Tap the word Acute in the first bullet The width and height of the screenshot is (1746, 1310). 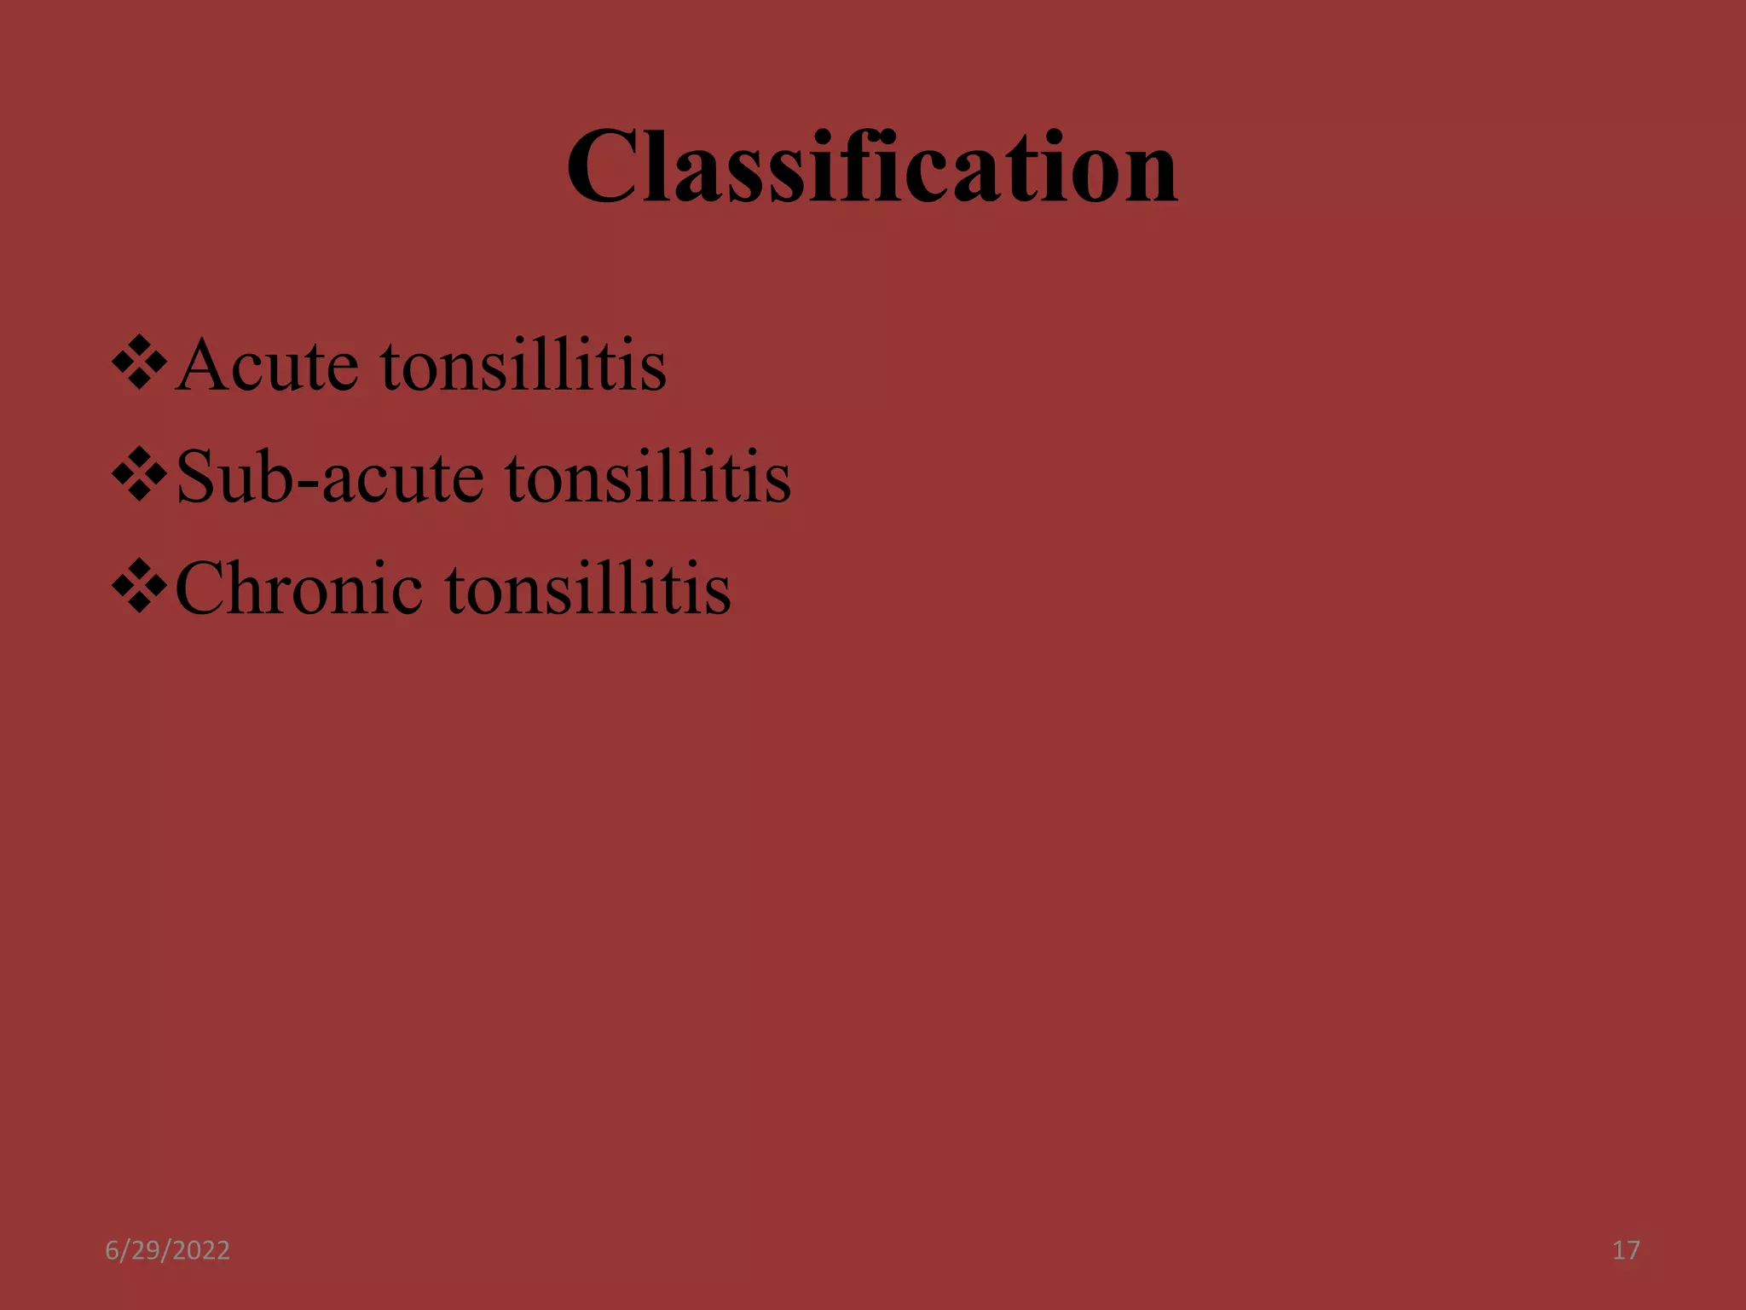click(266, 365)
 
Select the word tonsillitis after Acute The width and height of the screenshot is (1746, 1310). click(523, 365)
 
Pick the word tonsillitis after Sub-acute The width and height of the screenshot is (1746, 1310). click(648, 477)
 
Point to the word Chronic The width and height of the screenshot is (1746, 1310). click(298, 588)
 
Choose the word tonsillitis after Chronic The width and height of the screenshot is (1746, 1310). click(587, 588)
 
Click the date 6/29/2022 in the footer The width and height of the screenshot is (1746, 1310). click(167, 1250)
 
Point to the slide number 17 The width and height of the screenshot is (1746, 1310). click(1626, 1250)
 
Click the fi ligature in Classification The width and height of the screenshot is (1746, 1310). click(856, 166)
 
